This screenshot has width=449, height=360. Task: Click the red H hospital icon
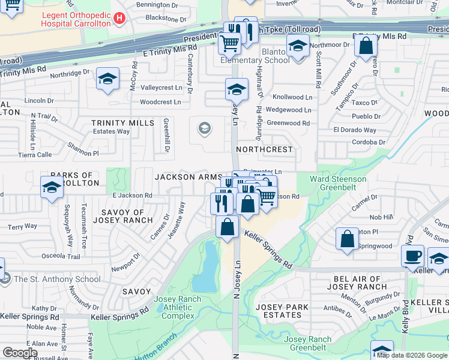tap(119, 19)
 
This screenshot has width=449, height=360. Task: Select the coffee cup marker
tap(412, 256)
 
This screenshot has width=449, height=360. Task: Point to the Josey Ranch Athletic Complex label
tap(174, 307)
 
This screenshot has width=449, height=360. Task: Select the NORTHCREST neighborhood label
tap(264, 149)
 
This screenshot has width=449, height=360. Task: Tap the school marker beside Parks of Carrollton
tap(52, 188)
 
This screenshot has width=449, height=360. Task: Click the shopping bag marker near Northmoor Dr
tap(366, 46)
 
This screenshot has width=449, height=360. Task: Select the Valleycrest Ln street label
tap(161, 88)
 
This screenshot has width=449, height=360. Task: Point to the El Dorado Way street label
tap(355, 130)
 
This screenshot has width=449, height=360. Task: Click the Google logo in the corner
tap(20, 353)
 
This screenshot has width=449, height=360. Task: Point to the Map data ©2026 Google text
tap(412, 355)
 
